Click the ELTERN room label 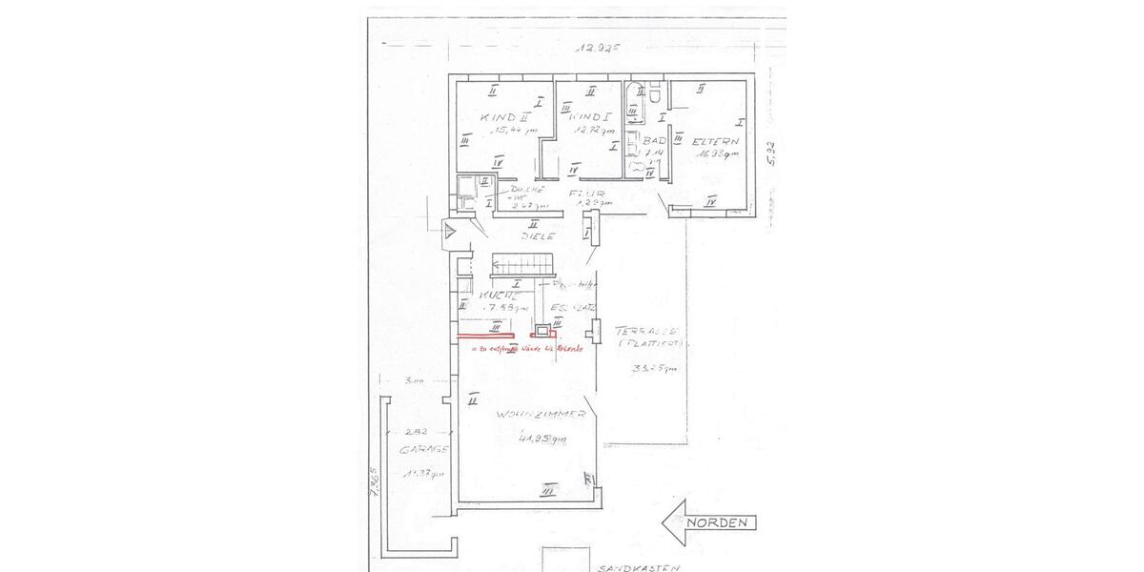point(717,141)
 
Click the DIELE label point(538,235)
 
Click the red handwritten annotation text point(527,350)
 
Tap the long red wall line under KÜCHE point(486,337)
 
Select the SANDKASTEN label point(638,567)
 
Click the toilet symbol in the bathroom point(659,93)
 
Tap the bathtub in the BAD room point(633,103)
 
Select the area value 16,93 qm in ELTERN point(719,153)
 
